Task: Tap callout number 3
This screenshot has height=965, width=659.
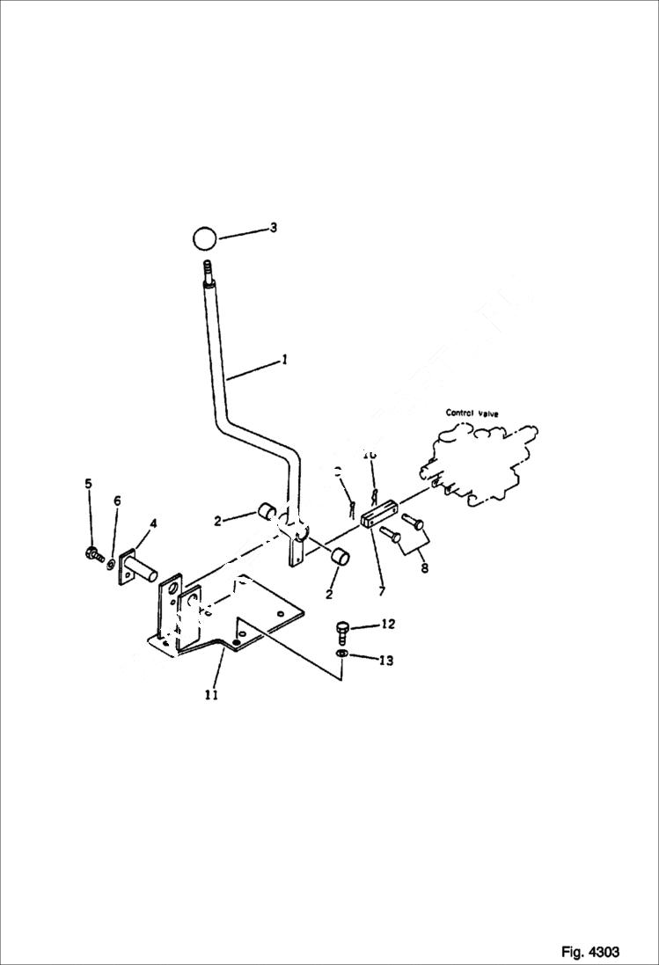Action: (x=274, y=228)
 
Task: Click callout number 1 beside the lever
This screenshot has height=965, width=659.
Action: (x=284, y=359)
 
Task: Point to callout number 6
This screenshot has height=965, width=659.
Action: (x=117, y=501)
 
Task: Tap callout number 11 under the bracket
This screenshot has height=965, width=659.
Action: (x=211, y=695)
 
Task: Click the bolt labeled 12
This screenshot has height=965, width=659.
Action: (x=343, y=631)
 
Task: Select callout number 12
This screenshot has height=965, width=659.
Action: (x=388, y=625)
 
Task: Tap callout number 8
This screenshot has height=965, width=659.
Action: (x=424, y=568)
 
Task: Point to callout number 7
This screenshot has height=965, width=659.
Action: (x=381, y=591)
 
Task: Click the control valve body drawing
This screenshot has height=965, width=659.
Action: (x=480, y=462)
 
